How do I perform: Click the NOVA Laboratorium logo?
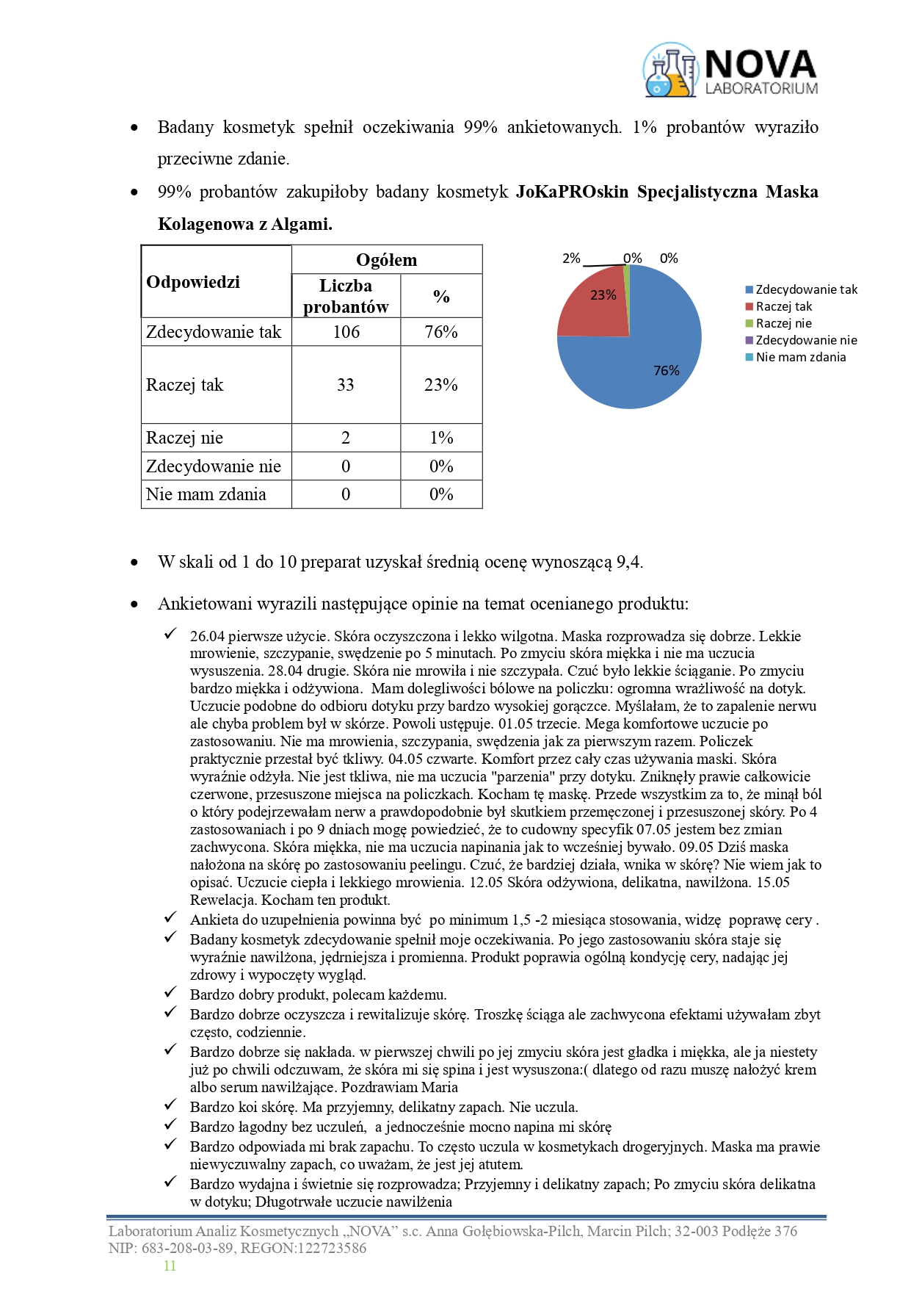click(x=730, y=71)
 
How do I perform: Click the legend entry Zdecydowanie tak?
click(x=806, y=289)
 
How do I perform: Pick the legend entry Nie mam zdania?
click(x=800, y=357)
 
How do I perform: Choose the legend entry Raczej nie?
click(x=783, y=323)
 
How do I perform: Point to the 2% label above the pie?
click(x=571, y=259)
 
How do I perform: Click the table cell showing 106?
click(x=346, y=332)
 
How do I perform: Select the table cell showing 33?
click(x=346, y=385)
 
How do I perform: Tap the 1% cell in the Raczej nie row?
click(x=441, y=438)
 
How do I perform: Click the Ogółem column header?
click(x=386, y=260)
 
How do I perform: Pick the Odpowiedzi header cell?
click(x=193, y=282)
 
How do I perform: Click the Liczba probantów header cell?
click(x=346, y=296)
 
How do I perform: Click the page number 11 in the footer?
click(x=170, y=1265)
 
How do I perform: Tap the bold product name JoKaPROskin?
click(x=572, y=192)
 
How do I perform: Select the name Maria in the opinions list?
click(x=440, y=1087)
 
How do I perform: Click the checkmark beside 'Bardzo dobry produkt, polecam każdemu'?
click(x=170, y=993)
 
